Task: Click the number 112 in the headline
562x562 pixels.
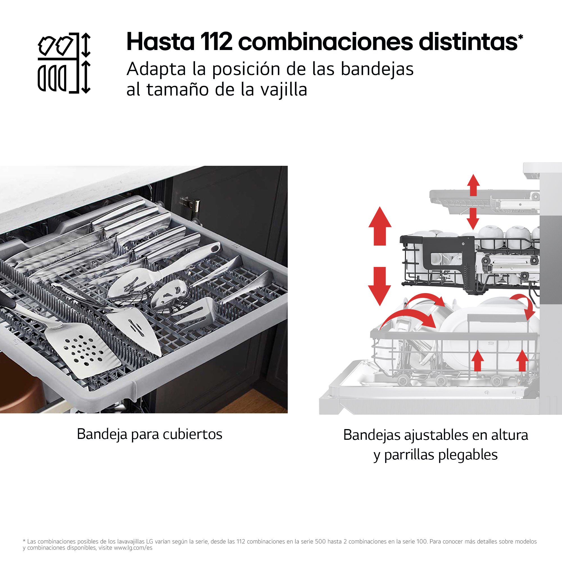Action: pyautogui.click(x=216, y=42)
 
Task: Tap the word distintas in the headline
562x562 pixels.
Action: pyautogui.click(x=468, y=42)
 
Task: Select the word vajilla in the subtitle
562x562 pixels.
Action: pyautogui.click(x=284, y=90)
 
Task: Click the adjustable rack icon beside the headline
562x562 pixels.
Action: pyautogui.click(x=64, y=63)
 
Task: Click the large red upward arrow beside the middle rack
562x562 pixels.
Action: pyautogui.click(x=380, y=226)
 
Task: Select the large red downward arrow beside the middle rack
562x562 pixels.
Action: pyautogui.click(x=379, y=287)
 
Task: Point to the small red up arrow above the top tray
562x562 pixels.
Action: pyautogui.click(x=473, y=185)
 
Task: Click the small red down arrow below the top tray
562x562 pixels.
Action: pyautogui.click(x=473, y=219)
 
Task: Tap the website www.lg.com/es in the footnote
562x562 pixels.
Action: pyautogui.click(x=133, y=548)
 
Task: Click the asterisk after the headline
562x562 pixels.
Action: pyautogui.click(x=520, y=37)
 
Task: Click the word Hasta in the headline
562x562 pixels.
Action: pyautogui.click(x=160, y=42)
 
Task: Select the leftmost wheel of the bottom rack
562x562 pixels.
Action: pyautogui.click(x=403, y=380)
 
